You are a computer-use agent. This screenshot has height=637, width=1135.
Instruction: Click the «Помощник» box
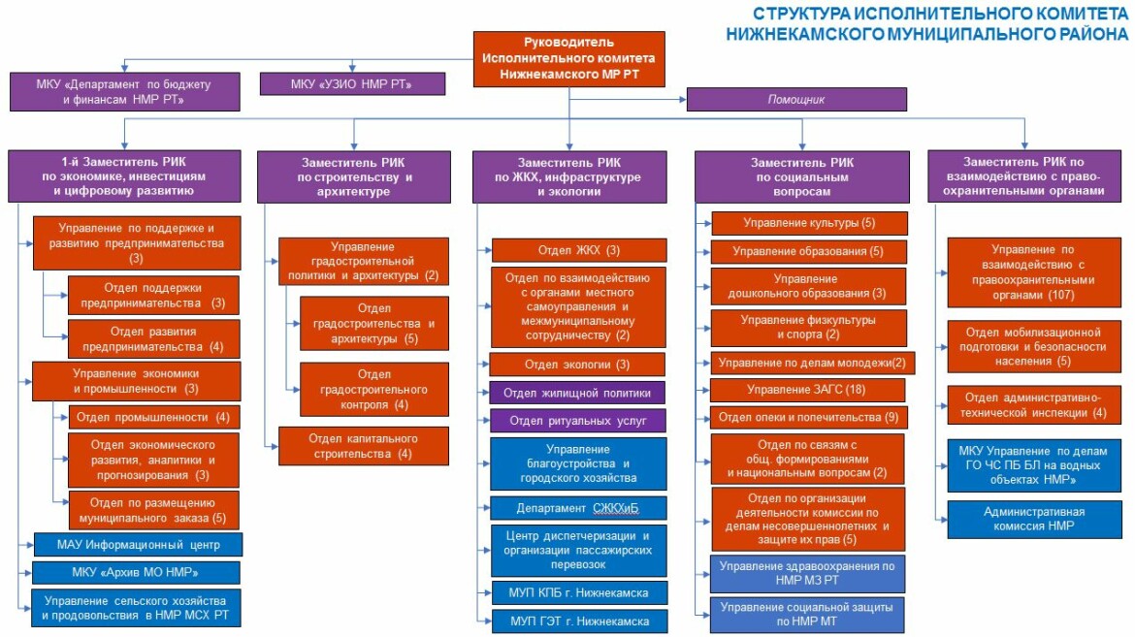tap(795, 99)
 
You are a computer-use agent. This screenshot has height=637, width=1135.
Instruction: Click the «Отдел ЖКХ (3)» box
tap(579, 250)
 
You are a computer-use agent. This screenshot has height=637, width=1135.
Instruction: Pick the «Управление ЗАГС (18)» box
tap(809, 390)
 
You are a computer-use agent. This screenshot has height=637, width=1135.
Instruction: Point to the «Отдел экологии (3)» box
tap(577, 365)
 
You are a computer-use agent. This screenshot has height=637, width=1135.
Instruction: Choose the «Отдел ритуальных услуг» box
tap(577, 421)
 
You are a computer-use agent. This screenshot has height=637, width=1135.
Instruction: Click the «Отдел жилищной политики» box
tap(577, 393)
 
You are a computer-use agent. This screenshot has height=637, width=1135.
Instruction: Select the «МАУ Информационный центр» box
tap(137, 544)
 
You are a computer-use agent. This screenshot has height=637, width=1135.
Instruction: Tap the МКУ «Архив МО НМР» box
tap(137, 572)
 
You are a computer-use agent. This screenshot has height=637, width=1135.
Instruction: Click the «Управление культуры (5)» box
tap(809, 223)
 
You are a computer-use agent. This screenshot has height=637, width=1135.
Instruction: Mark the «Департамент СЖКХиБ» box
tap(578, 509)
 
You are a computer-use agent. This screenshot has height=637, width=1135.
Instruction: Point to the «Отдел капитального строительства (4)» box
tap(364, 446)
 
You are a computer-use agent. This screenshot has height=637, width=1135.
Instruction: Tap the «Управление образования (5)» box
tap(809, 251)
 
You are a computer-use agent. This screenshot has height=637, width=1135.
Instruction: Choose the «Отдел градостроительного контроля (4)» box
tap(373, 389)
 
